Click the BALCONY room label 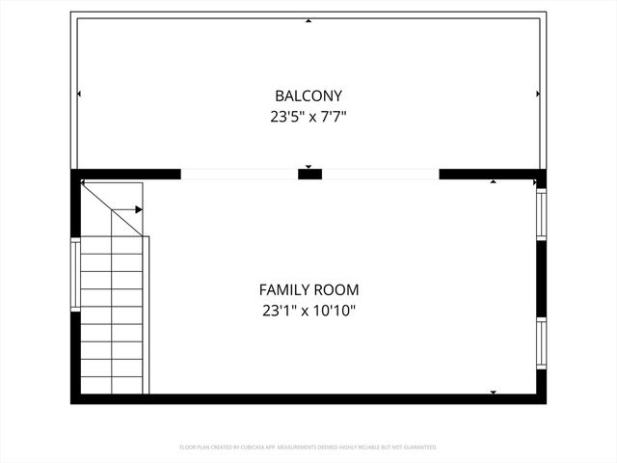(308, 96)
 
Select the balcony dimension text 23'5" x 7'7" (308, 118)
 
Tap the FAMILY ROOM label (308, 289)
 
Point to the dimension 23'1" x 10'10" (308, 311)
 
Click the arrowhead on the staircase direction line (139, 208)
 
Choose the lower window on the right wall (541, 344)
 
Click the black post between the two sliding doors (309, 175)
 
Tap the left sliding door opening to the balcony (239, 175)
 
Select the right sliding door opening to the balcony (381, 175)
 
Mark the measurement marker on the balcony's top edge (308, 20)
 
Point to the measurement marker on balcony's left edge (79, 94)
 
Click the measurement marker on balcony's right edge (537, 94)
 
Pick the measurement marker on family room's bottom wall (494, 392)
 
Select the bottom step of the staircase (112, 385)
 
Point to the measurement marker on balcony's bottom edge (308, 167)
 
